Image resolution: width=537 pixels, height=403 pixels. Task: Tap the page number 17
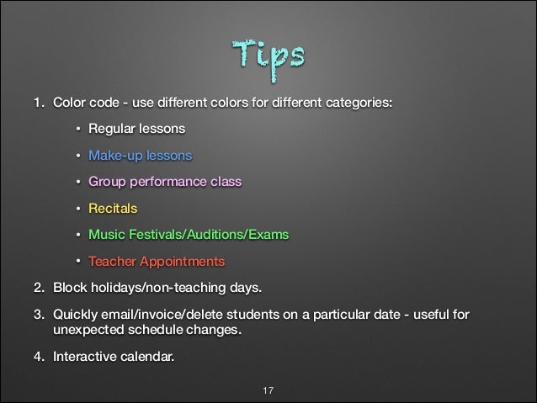click(268, 390)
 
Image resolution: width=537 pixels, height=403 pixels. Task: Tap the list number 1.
click(38, 103)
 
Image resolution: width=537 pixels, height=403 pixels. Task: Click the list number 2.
click(38, 291)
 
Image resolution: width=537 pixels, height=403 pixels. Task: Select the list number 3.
click(38, 316)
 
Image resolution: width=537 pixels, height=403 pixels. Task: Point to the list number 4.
click(38, 356)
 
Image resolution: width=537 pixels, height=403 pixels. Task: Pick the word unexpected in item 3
click(88, 331)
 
